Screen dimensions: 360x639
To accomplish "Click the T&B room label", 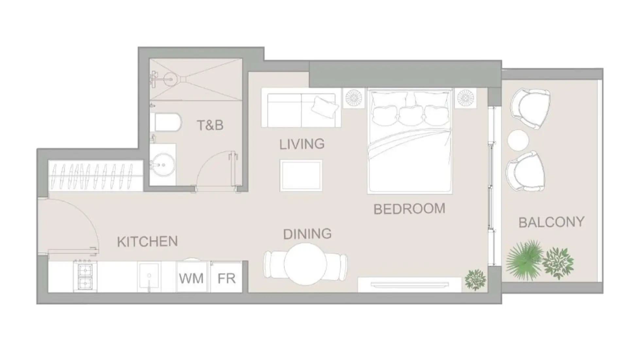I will pyautogui.click(x=210, y=125).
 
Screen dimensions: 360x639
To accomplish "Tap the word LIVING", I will pyautogui.click(x=302, y=144).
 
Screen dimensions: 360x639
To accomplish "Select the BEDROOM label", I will pyautogui.click(x=409, y=209).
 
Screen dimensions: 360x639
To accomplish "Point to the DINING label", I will pyautogui.click(x=307, y=234).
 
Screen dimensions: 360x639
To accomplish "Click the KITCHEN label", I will pyautogui.click(x=147, y=242).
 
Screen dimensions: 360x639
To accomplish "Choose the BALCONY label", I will pyautogui.click(x=551, y=222).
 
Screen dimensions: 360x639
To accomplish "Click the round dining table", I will pyautogui.click(x=305, y=264).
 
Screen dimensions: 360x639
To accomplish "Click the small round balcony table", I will pyautogui.click(x=518, y=140).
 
